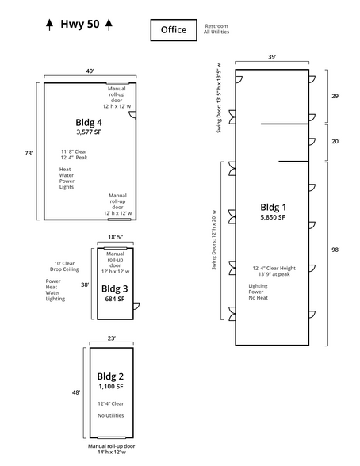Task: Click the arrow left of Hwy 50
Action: pos(50,25)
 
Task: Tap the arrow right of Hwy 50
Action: pos(109,25)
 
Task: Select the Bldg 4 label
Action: pos(89,122)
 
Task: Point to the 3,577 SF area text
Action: pos(89,132)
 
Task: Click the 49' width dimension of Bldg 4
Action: pos(90,71)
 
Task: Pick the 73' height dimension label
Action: pos(29,154)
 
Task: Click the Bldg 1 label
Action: pos(273,207)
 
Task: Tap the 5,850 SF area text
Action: pos(273,217)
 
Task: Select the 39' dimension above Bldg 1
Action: pos(272,57)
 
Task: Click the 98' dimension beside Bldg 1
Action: pos(335,250)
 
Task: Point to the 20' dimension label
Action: pos(335,141)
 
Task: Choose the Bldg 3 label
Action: pos(115,288)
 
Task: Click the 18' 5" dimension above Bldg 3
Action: pos(115,237)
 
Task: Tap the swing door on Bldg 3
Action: pos(136,306)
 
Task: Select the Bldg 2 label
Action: pos(110,376)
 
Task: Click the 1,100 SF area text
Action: pos(111,387)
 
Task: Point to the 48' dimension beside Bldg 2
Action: pos(76,392)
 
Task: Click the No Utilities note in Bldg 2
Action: pos(110,415)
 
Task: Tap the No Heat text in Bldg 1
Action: pos(258,298)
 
